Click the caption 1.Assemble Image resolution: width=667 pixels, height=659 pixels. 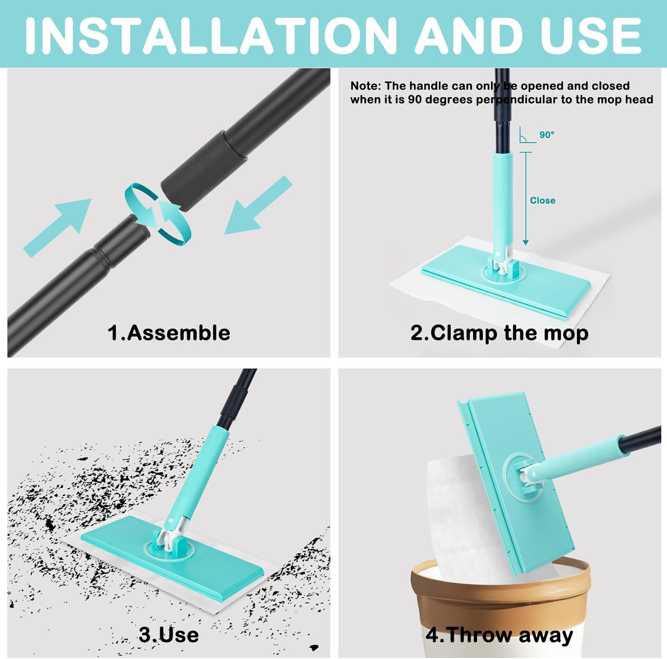[169, 333]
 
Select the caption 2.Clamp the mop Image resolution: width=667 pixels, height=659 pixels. [499, 333]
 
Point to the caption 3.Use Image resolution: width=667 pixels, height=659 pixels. [169, 635]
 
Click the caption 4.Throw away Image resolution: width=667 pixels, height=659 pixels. [499, 635]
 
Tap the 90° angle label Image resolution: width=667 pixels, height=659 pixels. [547, 135]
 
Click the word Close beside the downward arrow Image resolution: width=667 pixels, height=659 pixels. [542, 200]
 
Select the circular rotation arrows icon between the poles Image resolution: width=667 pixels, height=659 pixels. [158, 214]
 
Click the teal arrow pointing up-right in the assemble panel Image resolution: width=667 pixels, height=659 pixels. [58, 227]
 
